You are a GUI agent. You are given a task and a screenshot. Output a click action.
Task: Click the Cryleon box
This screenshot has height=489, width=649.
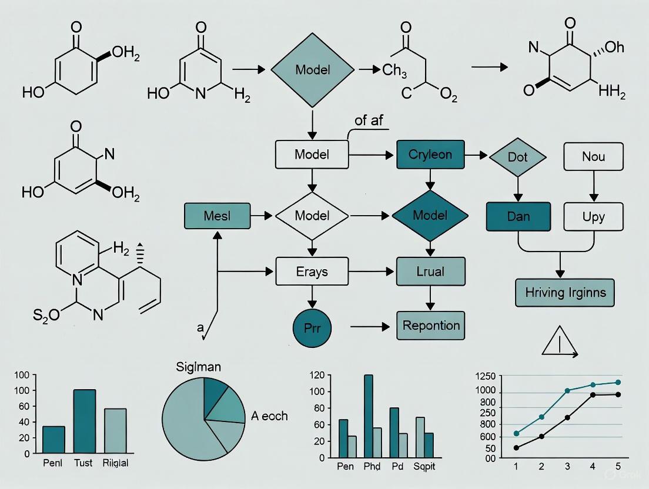point(431,155)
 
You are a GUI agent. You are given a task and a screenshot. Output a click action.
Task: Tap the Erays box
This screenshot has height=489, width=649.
point(311,272)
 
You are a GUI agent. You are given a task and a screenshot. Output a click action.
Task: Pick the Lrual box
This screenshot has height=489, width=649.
point(431,272)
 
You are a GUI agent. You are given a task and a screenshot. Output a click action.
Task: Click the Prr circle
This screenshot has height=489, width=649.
point(312,326)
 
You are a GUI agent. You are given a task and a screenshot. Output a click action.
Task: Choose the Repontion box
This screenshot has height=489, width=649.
point(431,325)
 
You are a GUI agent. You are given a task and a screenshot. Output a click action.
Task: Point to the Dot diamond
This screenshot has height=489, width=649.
point(517,158)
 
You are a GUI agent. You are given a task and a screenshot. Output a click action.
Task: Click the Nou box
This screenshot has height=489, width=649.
point(593,157)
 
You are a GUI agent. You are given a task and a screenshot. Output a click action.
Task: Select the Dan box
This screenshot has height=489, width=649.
point(518,216)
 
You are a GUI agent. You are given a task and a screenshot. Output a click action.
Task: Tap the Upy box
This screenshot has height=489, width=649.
point(593,216)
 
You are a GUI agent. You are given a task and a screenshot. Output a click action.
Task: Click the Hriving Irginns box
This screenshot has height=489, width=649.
point(564,292)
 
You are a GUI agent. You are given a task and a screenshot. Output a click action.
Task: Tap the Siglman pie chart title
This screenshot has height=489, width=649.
point(199,367)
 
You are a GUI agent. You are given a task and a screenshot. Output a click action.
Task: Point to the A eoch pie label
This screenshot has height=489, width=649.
point(269,416)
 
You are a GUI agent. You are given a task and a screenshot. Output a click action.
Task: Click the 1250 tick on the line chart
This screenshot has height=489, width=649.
point(486,376)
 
